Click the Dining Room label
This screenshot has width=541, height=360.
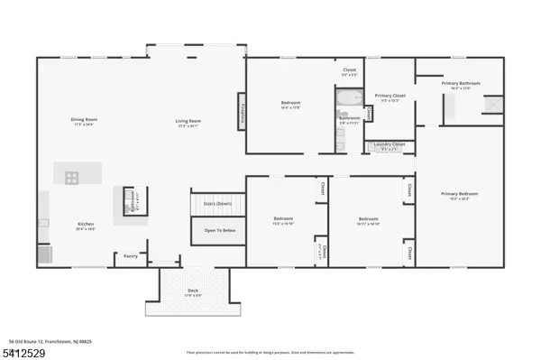84,120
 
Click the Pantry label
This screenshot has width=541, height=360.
131,255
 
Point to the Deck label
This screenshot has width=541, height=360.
193,290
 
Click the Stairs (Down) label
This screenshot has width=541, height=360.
217,205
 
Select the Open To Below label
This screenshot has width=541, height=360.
217,231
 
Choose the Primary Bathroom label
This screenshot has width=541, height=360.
461,84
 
